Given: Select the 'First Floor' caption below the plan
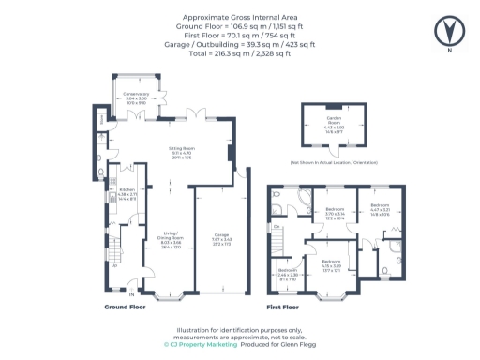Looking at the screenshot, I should tap(284, 307).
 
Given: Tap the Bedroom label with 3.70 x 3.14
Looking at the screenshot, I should tap(334, 212).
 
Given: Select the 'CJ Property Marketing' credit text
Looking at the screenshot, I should tap(200, 344).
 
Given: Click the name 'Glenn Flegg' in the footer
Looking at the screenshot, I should tap(291, 344).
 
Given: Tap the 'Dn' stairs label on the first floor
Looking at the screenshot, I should tap(277, 227).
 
